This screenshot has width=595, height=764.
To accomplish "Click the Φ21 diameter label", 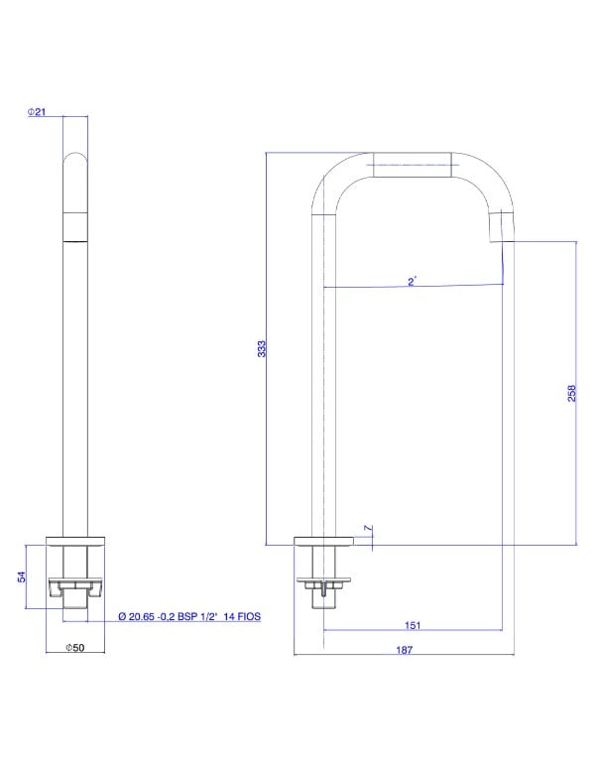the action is click(x=37, y=111).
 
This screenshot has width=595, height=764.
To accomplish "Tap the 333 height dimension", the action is click(x=262, y=349).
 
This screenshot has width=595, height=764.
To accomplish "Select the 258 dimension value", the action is click(x=571, y=393).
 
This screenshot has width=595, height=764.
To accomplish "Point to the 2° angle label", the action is click(x=412, y=282).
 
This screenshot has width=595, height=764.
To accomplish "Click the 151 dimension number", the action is click(x=413, y=625).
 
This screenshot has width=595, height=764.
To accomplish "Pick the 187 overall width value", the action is click(x=405, y=650).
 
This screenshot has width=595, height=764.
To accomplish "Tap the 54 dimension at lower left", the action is click(x=22, y=576).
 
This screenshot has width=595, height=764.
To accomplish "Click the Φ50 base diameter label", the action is click(x=75, y=648).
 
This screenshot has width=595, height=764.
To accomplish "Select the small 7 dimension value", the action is click(x=368, y=528).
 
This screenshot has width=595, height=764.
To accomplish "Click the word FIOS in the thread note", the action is click(x=249, y=616).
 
